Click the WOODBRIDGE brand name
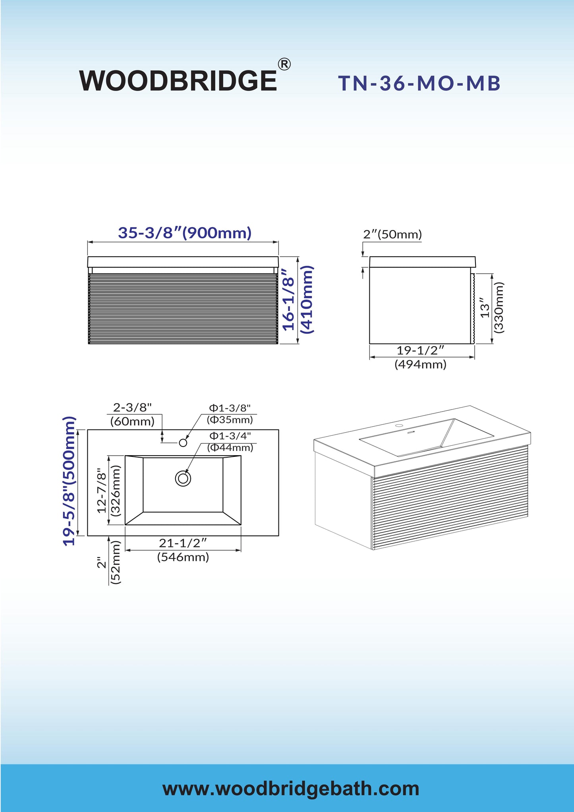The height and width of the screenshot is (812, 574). point(178,80)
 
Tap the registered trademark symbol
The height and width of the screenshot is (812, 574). point(284,64)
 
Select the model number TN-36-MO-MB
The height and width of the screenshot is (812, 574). point(419,83)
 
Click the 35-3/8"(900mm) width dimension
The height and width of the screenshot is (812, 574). point(185,233)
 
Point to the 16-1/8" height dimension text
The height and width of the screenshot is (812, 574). point(289,300)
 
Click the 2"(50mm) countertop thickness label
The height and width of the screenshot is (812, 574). point(392,234)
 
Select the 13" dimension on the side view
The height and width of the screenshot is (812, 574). point(485,307)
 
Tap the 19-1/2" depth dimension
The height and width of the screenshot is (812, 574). point(420,350)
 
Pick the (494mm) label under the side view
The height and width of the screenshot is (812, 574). point(420,364)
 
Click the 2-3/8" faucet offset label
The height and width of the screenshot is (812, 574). point(132,407)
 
